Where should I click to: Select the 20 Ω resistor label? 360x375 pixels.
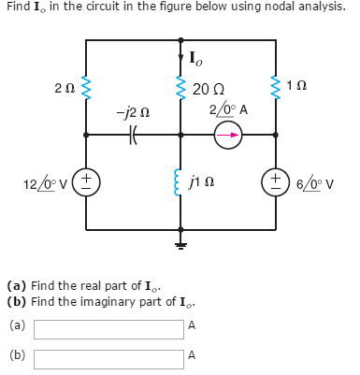[207, 91]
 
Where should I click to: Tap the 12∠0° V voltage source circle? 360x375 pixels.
[86, 180]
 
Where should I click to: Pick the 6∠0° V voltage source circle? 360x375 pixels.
[276, 180]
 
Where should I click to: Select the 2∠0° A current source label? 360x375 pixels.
[228, 109]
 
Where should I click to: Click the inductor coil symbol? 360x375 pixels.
[180, 180]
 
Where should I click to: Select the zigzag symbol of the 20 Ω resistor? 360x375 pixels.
[180, 89]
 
